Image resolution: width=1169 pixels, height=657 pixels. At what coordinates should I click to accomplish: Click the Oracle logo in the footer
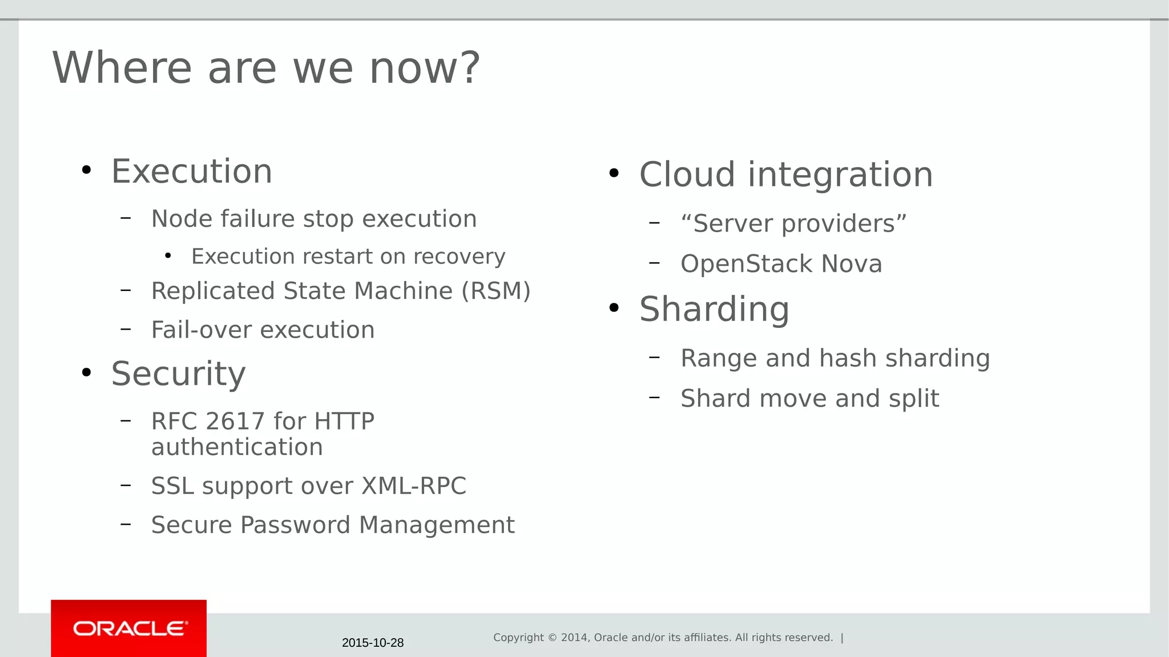pos(130,628)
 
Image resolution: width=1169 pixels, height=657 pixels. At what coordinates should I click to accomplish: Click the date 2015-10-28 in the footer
pos(372,643)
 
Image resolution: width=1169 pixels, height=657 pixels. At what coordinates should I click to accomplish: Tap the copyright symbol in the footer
pos(552,638)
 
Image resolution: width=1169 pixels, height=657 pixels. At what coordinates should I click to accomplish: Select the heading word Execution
pos(192,171)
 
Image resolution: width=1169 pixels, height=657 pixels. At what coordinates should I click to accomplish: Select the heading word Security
pos(178,374)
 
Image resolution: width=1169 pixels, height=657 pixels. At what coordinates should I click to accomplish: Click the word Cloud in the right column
pos(687,175)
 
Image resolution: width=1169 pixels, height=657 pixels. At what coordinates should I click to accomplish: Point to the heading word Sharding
pos(714,309)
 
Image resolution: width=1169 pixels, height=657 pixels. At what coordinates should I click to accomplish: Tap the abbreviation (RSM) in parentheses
pos(495,291)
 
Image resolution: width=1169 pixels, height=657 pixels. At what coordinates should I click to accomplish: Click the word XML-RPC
pos(414,486)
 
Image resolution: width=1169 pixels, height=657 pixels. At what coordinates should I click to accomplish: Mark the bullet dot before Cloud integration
pos(614,173)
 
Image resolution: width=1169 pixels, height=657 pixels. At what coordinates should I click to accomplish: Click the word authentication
pos(237,447)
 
